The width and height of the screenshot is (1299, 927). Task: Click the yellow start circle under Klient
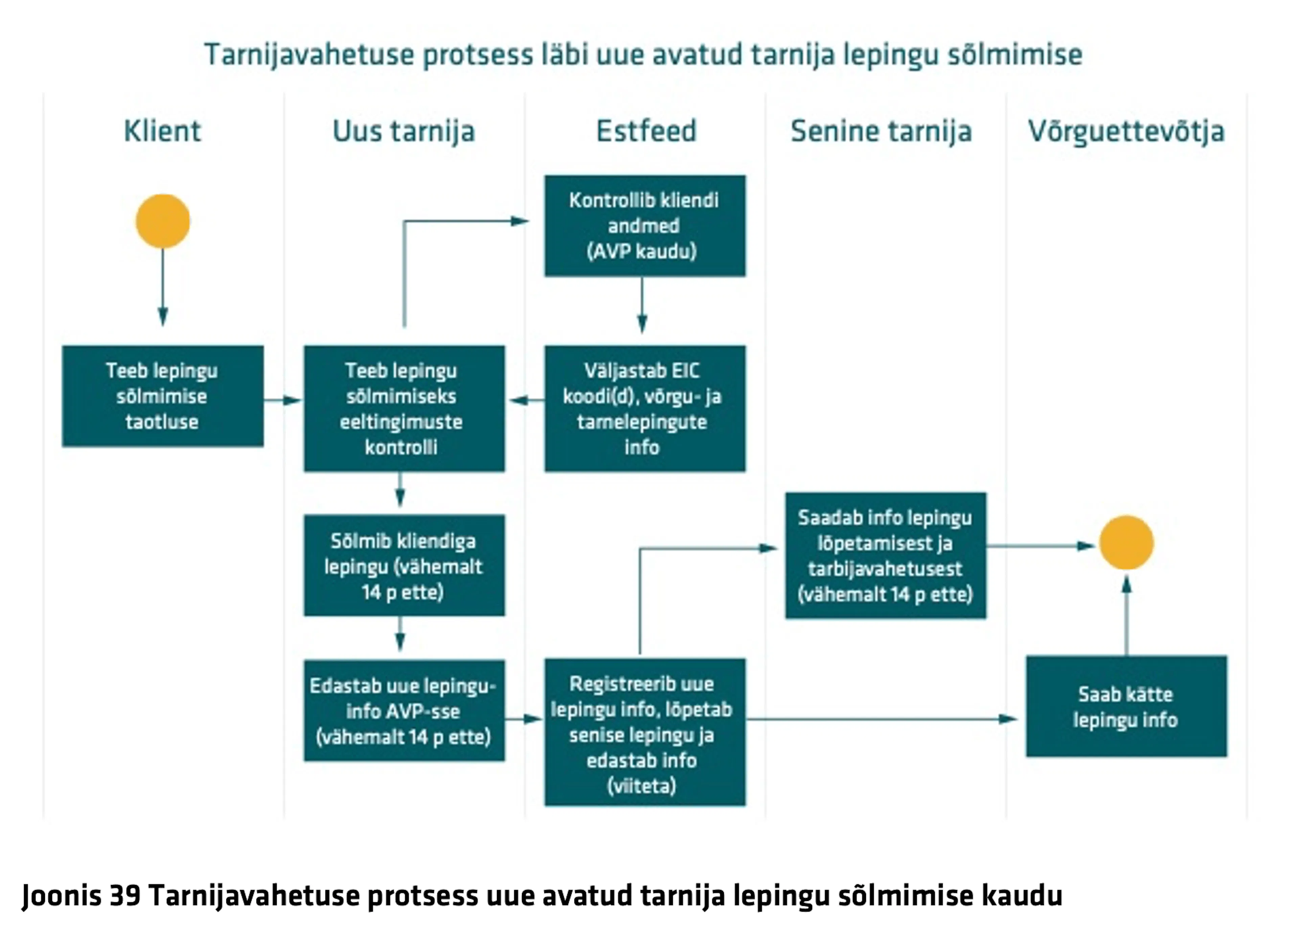coord(163,221)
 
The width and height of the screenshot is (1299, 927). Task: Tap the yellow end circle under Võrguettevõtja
coord(1126,542)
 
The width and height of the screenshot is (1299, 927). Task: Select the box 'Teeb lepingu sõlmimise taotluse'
coord(163,396)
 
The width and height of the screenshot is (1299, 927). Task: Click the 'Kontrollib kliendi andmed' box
coord(645,226)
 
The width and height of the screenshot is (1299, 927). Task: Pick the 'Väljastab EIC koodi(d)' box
coord(645,408)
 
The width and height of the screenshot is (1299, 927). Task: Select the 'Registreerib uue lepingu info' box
coord(645,732)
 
